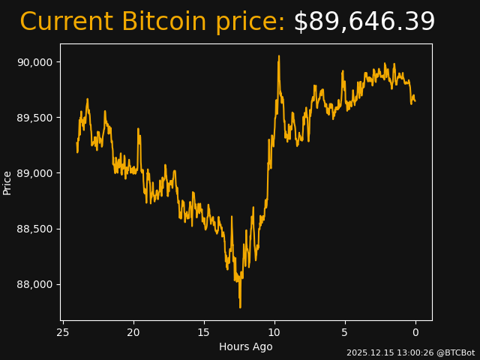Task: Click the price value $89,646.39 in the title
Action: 364,22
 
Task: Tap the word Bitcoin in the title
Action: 163,22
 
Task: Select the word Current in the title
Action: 66,22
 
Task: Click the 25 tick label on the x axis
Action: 63,332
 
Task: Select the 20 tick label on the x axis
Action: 133,332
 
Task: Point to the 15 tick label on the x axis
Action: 204,332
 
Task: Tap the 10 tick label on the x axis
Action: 274,332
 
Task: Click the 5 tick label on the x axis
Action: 345,332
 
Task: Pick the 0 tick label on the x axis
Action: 415,332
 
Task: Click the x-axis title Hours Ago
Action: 246,346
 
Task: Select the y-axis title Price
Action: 7,182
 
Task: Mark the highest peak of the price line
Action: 278,56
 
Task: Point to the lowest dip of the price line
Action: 240,307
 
